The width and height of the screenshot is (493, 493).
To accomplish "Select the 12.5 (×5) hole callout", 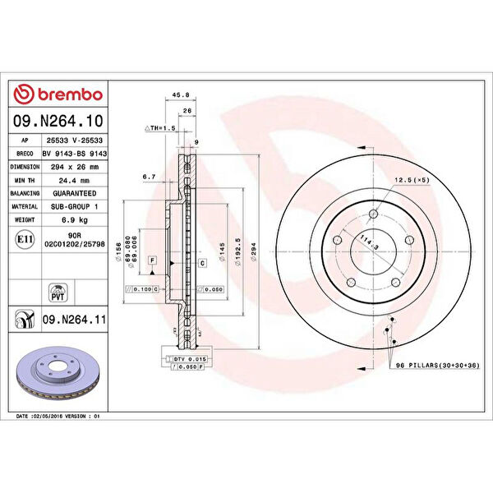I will (409, 180).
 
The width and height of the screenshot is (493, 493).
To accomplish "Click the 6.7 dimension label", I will (149, 177).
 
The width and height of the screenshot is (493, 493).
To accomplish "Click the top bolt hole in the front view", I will (374, 214).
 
